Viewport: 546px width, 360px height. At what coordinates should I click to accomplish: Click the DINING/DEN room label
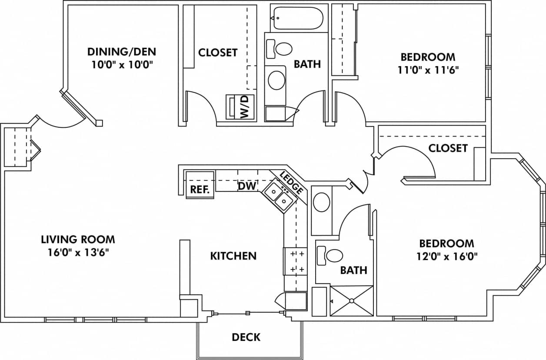pyautogui.click(x=121, y=52)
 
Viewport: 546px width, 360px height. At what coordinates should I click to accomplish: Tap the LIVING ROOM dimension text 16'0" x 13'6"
pyautogui.click(x=78, y=253)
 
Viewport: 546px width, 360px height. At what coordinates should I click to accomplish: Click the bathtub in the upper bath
pyautogui.click(x=297, y=18)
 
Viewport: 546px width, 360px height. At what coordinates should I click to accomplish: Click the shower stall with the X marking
pyautogui.click(x=352, y=300)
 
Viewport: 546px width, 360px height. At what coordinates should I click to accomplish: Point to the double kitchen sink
pyautogui.click(x=279, y=196)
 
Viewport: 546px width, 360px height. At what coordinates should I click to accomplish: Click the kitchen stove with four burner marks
pyautogui.click(x=295, y=261)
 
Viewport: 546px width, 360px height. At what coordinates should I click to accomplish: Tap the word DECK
pyautogui.click(x=246, y=337)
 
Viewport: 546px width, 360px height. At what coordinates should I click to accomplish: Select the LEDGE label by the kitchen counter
pyautogui.click(x=291, y=182)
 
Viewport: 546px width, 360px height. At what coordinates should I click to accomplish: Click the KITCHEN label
pyautogui.click(x=233, y=256)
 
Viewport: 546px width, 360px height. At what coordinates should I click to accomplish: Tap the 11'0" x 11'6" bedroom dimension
pyautogui.click(x=428, y=70)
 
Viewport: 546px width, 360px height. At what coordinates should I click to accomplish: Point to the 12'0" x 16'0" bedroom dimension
pyautogui.click(x=446, y=256)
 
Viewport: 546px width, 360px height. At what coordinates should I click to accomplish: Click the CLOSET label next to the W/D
pyautogui.click(x=218, y=53)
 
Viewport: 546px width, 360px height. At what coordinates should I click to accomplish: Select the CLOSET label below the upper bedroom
pyautogui.click(x=448, y=148)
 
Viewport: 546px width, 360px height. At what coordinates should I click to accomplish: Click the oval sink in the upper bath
pyautogui.click(x=276, y=80)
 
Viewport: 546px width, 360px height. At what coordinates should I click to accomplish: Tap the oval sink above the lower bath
pyautogui.click(x=322, y=203)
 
